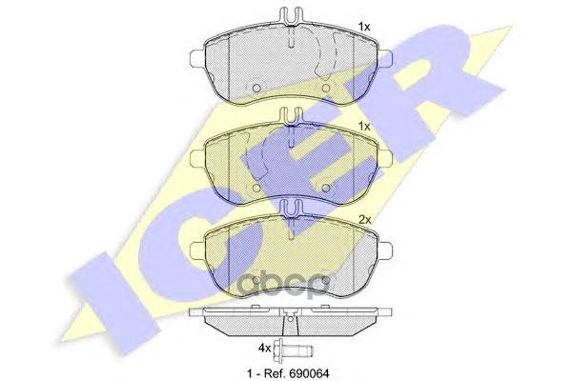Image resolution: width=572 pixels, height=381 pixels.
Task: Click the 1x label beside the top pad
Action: (x=364, y=27)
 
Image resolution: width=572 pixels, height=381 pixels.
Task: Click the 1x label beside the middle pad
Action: (x=364, y=126)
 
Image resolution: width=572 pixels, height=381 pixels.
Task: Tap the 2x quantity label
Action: (x=365, y=219)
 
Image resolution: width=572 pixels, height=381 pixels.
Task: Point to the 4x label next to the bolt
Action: (x=264, y=348)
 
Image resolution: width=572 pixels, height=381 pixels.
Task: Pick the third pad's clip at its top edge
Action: (x=291, y=209)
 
